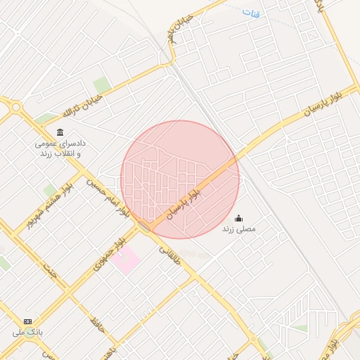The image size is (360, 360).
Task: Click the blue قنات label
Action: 250,13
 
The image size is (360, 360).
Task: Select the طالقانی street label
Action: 171,258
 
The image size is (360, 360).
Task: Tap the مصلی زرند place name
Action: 239,229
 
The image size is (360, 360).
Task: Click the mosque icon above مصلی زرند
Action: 239,217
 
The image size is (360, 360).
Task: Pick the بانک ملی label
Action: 29,330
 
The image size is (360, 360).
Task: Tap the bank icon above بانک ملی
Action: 27,321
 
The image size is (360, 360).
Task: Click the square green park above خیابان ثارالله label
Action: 102,84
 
